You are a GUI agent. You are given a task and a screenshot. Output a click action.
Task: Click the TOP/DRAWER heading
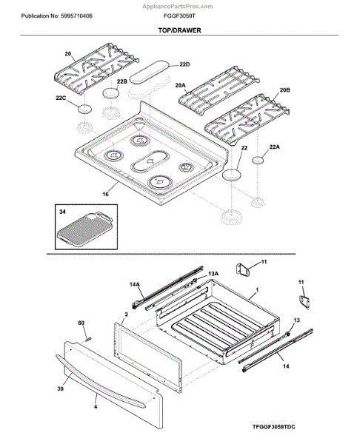[179, 30]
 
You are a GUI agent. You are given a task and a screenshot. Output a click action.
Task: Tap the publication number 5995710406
[76, 16]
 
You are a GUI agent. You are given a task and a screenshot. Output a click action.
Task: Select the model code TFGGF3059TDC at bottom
[273, 426]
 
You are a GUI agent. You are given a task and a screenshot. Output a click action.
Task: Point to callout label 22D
[184, 64]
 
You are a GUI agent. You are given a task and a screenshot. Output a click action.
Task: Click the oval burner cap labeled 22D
[149, 72]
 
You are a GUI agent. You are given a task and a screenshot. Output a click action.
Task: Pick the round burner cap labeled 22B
[110, 93]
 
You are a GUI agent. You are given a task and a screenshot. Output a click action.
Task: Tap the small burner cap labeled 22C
[85, 109]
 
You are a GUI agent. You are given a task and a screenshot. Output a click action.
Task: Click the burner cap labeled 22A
[258, 160]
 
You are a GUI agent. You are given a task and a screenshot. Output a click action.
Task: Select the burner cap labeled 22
[232, 175]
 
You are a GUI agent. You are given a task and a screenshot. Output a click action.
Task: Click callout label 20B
[285, 90]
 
